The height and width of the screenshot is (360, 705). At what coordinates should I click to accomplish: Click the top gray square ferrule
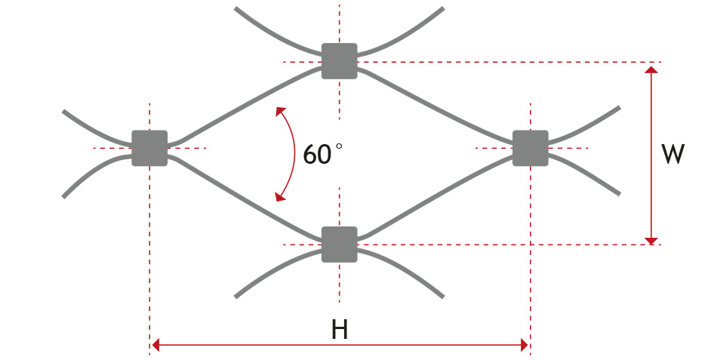point(339,61)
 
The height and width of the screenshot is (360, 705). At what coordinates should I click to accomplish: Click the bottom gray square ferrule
point(339,244)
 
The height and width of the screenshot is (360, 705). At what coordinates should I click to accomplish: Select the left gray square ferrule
point(149,148)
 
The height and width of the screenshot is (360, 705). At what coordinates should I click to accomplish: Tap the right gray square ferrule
point(530,148)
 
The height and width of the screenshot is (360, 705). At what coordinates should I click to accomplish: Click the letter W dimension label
point(673,154)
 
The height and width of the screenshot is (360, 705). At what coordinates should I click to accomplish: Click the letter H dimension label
point(340,330)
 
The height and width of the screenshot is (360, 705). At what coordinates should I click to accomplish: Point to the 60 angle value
point(316,155)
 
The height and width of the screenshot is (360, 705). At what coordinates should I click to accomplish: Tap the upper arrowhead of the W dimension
point(652,69)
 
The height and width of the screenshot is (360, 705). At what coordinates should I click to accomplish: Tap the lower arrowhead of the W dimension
point(652,239)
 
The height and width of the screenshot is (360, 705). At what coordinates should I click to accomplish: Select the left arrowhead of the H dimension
point(155,346)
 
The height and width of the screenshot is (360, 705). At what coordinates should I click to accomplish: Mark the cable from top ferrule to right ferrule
point(438,104)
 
